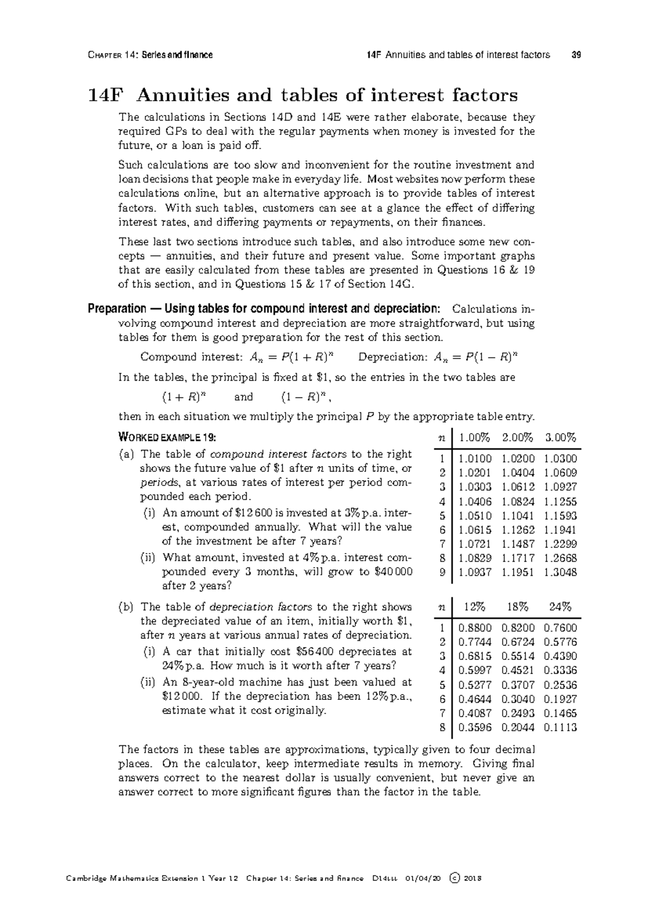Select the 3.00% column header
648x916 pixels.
point(560,437)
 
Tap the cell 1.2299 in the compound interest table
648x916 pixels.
point(560,544)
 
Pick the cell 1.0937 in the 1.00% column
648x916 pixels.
point(475,572)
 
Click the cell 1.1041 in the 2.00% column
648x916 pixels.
point(517,515)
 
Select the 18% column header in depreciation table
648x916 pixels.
point(517,607)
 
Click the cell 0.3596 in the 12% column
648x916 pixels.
point(475,728)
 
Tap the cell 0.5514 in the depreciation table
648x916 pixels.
point(517,656)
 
